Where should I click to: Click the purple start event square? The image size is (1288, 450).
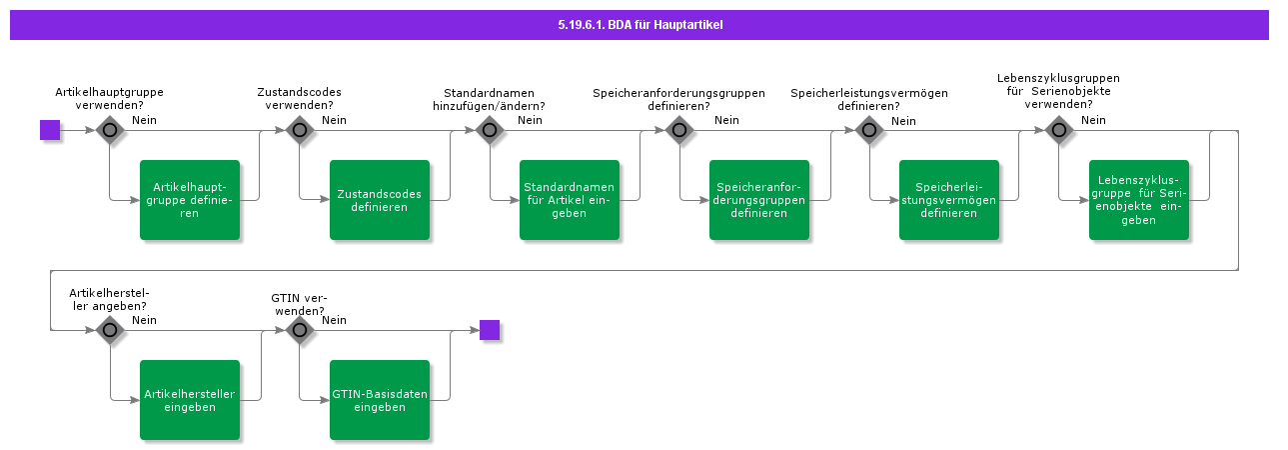[x=50, y=130]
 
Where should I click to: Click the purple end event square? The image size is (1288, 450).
[x=490, y=330]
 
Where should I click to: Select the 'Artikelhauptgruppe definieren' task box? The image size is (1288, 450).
[x=190, y=200]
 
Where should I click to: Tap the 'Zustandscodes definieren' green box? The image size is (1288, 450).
[x=380, y=200]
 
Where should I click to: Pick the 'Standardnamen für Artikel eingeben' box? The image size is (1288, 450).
[x=570, y=200]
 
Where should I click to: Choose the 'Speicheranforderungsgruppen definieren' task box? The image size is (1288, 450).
[x=759, y=200]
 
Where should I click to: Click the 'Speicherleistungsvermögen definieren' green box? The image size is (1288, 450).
[x=949, y=200]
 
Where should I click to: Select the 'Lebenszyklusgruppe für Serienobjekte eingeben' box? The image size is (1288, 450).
[x=1139, y=200]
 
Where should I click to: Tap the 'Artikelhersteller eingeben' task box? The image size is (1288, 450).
[x=190, y=400]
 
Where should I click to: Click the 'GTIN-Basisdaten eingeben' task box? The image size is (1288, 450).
[x=380, y=400]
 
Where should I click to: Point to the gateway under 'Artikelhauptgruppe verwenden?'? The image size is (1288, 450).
[x=110, y=130]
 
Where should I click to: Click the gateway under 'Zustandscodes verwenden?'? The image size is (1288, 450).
[x=300, y=130]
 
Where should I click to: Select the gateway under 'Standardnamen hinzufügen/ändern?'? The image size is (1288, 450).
[x=490, y=130]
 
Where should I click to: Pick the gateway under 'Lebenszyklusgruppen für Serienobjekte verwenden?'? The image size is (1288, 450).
[x=1059, y=130]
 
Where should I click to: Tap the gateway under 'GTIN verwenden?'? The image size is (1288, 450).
[x=300, y=330]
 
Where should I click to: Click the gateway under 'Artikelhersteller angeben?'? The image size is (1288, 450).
[x=110, y=330]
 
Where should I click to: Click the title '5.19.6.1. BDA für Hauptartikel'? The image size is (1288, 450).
[x=640, y=25]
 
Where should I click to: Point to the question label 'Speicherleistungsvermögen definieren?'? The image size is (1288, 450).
[x=869, y=99]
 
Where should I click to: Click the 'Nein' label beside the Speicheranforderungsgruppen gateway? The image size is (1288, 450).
[x=726, y=120]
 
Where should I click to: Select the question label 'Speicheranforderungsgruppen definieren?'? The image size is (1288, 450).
[x=679, y=99]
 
